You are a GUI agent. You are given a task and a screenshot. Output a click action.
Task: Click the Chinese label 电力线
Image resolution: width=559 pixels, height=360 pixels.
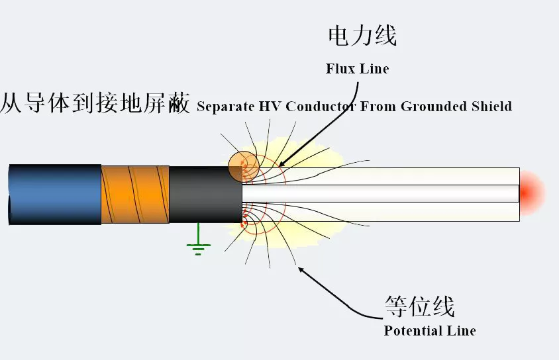pyautogui.click(x=362, y=36)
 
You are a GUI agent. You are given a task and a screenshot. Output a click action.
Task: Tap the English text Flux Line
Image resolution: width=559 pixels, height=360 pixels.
pyautogui.click(x=357, y=69)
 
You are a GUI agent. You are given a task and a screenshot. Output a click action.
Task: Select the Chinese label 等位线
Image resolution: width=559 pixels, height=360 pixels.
pyautogui.click(x=419, y=306)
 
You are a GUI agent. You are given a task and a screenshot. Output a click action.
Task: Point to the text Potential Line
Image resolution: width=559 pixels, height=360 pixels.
pyautogui.click(x=429, y=330)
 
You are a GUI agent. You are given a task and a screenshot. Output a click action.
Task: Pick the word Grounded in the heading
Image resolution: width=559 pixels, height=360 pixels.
pyautogui.click(x=434, y=106)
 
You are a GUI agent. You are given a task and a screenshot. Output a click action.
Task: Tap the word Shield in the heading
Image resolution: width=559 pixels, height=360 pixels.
pyautogui.click(x=491, y=106)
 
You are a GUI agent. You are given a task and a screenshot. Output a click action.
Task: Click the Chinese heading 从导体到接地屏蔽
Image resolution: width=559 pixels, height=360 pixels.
pyautogui.click(x=95, y=104)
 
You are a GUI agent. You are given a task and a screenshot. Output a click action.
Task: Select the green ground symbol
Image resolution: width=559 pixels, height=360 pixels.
pyautogui.click(x=198, y=246)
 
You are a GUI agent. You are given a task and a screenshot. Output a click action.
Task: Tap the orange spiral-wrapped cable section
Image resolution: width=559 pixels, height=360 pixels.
pyautogui.click(x=134, y=195)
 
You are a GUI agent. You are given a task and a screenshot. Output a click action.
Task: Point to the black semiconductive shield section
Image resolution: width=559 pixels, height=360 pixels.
pyautogui.click(x=205, y=195)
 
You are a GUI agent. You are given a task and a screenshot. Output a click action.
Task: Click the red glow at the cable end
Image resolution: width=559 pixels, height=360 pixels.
pyautogui.click(x=532, y=192)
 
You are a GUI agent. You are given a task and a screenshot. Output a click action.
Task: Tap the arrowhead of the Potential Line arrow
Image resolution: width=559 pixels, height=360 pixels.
pyautogui.click(x=301, y=269)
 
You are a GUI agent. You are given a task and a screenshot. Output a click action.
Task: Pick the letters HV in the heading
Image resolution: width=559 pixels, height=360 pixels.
pyautogui.click(x=272, y=106)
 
